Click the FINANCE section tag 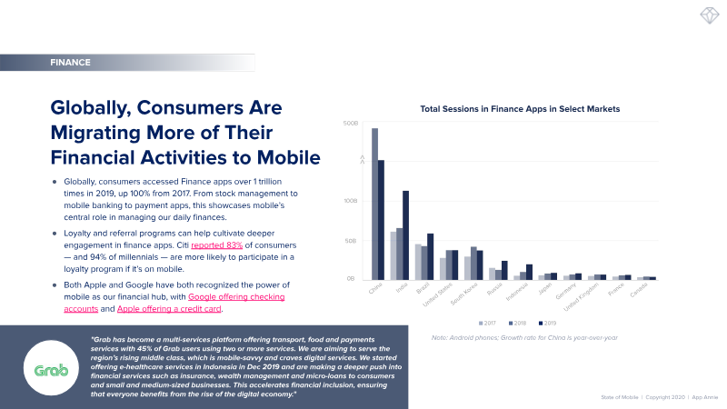(71, 63)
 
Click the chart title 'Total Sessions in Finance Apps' (520, 108)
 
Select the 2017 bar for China (375, 204)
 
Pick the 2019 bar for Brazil (430, 256)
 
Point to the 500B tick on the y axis (350, 124)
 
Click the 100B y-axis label (350, 201)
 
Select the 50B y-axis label (351, 241)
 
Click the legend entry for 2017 (489, 322)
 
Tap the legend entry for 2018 (517, 322)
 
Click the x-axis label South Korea (464, 296)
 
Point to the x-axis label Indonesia (516, 296)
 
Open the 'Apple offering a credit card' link (169, 309)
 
